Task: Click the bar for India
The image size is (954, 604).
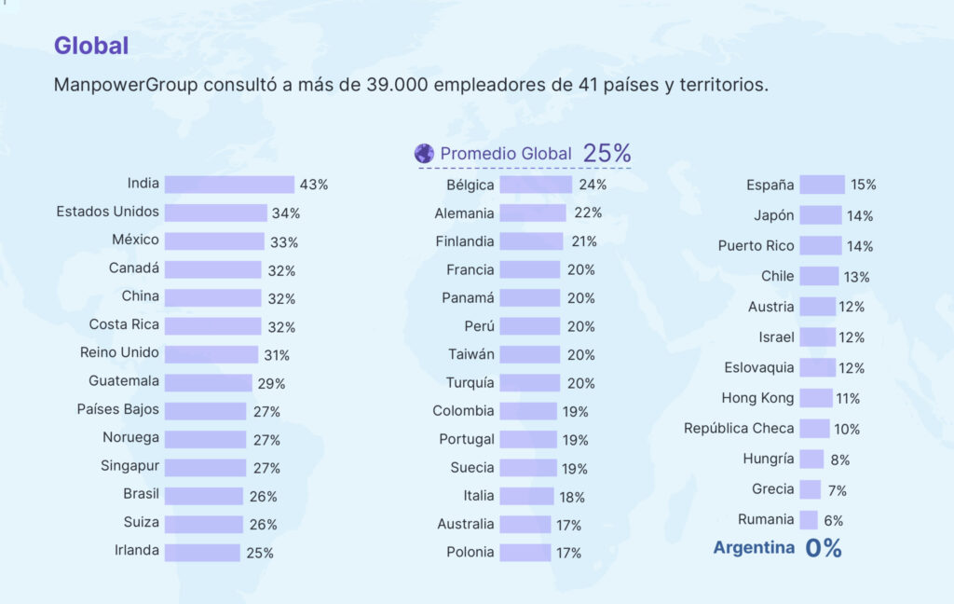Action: point(229,185)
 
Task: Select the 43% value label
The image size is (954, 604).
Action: point(314,185)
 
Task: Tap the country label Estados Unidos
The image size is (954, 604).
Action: point(107,212)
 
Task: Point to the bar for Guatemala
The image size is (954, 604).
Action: point(208,382)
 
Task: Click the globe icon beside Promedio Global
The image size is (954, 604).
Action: point(424,153)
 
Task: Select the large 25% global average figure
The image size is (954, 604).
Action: point(607,153)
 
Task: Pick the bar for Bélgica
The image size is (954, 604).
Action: point(536,185)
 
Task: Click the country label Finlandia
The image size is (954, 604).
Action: point(465,241)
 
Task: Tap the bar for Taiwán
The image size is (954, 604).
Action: point(529,354)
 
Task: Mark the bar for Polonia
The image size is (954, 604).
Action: point(525,553)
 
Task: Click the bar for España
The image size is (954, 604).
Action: point(822,185)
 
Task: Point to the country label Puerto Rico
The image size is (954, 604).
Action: point(756,246)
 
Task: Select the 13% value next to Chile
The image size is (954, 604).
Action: point(857,277)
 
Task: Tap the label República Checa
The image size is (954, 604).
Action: point(739,429)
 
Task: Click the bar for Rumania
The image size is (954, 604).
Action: point(809,520)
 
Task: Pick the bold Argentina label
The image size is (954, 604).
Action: point(754,548)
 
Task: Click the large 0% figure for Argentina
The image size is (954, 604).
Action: point(824,549)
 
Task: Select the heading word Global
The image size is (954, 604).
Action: point(91,45)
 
